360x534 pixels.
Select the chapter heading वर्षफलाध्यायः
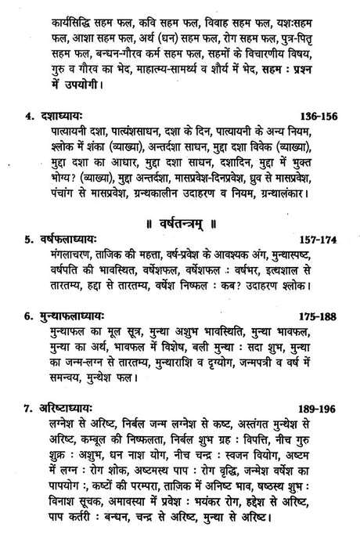pos(69,237)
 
